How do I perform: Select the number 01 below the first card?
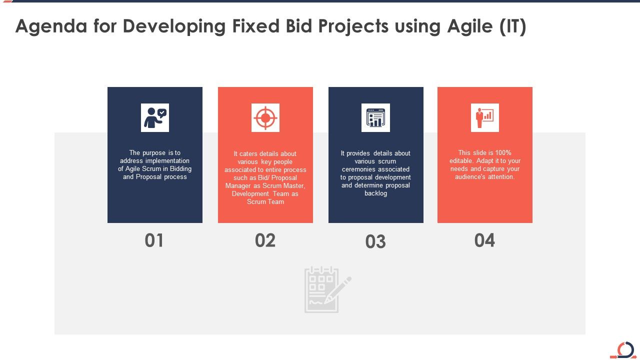154,240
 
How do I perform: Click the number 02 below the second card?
265,240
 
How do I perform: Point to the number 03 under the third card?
375,242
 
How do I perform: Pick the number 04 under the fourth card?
484,240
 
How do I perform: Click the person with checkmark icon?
155,118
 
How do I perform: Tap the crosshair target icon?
265,118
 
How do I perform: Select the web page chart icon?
375,118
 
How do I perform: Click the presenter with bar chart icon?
484,118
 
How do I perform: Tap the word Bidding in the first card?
181,169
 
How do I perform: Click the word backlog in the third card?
375,193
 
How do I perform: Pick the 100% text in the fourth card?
501,153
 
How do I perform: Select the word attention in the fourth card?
501,177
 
